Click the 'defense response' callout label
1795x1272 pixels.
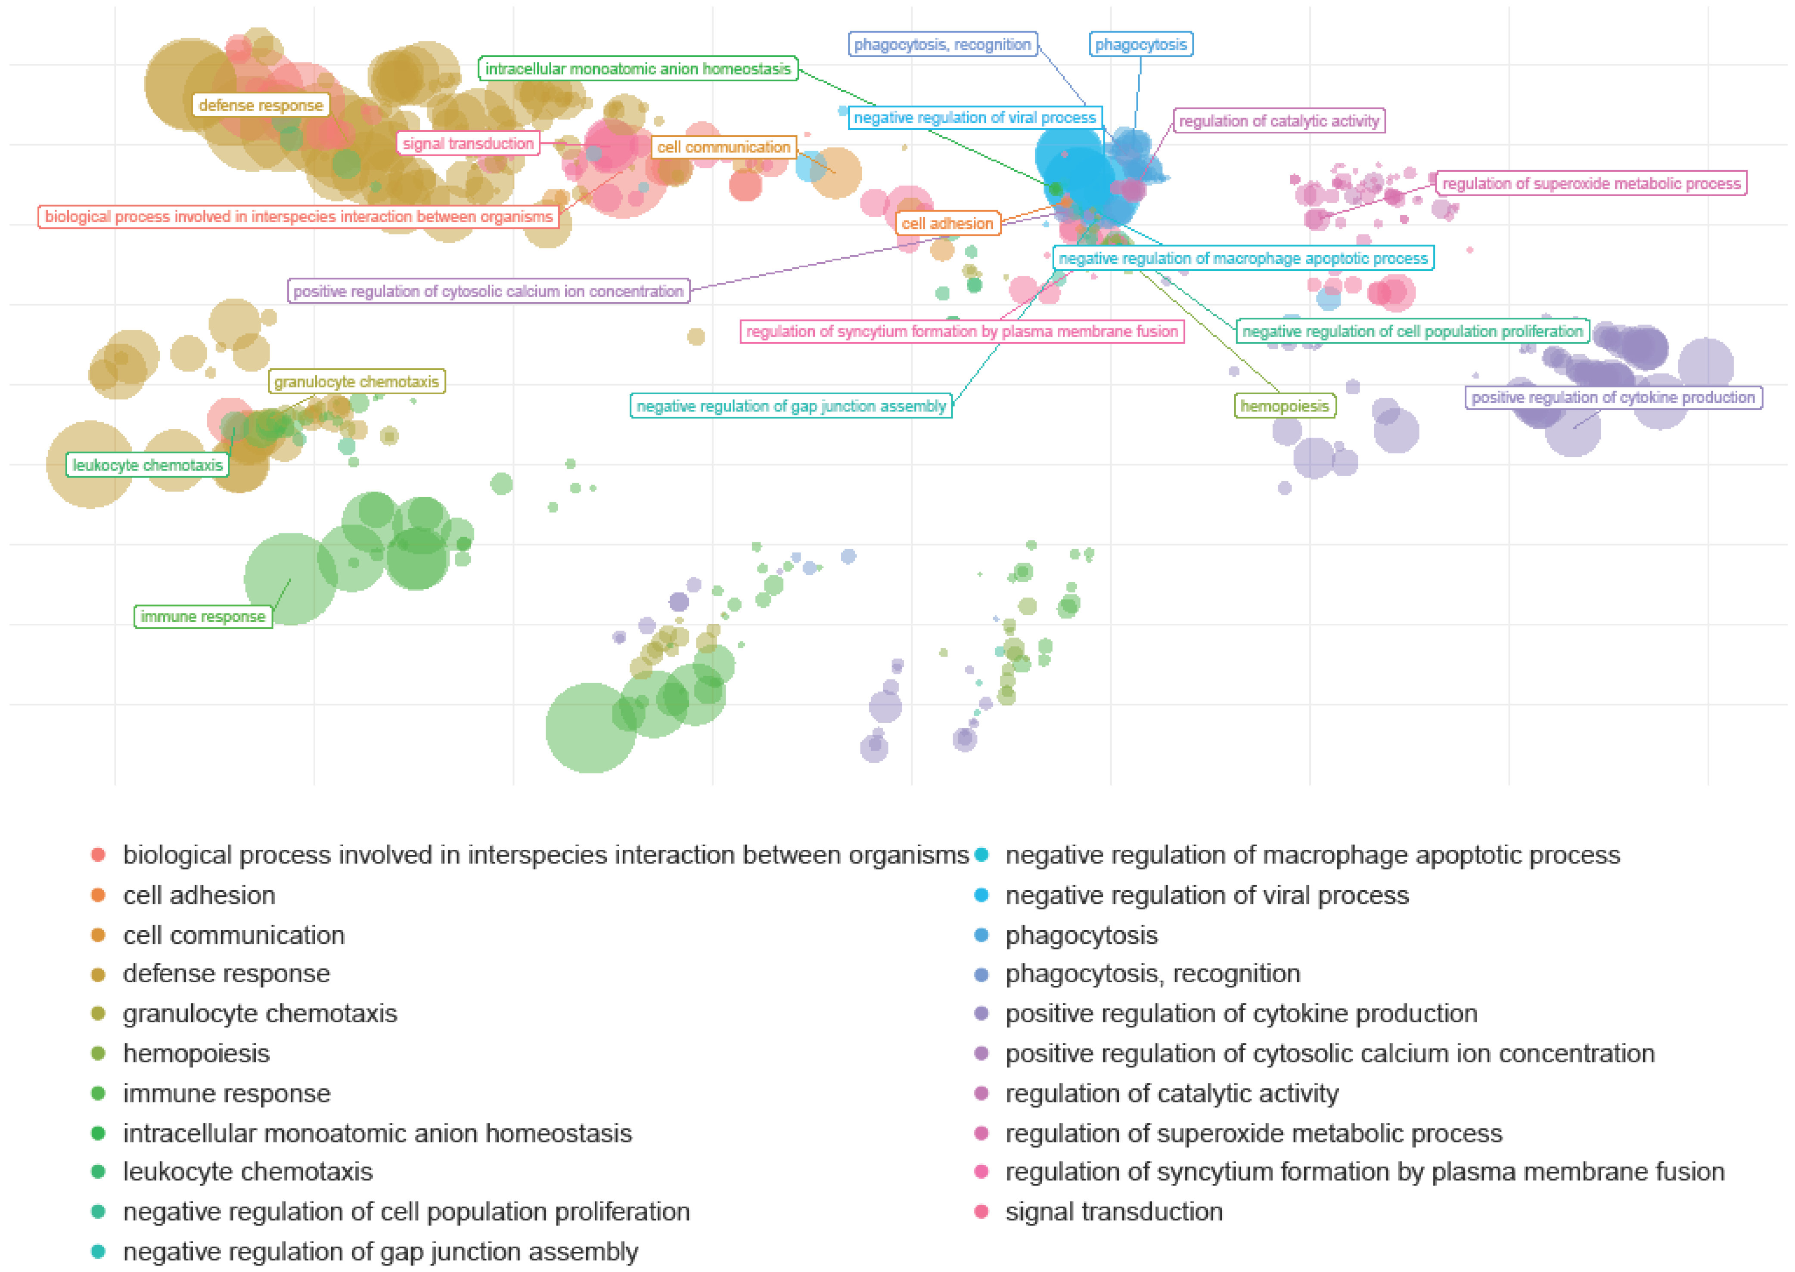tap(260, 105)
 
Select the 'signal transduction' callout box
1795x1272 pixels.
tap(468, 143)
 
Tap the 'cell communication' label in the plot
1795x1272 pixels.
tap(723, 147)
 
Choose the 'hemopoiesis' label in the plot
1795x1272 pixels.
tap(1284, 406)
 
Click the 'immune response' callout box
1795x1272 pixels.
tap(203, 616)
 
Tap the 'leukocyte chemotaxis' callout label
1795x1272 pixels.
tap(147, 465)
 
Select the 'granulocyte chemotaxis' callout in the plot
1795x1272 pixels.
tap(357, 381)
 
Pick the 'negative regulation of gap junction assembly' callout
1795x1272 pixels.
tap(791, 406)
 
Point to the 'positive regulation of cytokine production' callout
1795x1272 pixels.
tap(1612, 397)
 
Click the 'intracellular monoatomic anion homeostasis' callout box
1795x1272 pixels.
tap(638, 69)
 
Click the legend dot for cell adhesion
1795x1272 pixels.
tap(98, 895)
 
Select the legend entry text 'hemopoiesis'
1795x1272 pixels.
tap(196, 1053)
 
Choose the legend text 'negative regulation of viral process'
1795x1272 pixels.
tap(1207, 895)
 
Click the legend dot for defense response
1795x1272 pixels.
tap(98, 975)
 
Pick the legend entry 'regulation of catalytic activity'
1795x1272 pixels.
tap(1171, 1093)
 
